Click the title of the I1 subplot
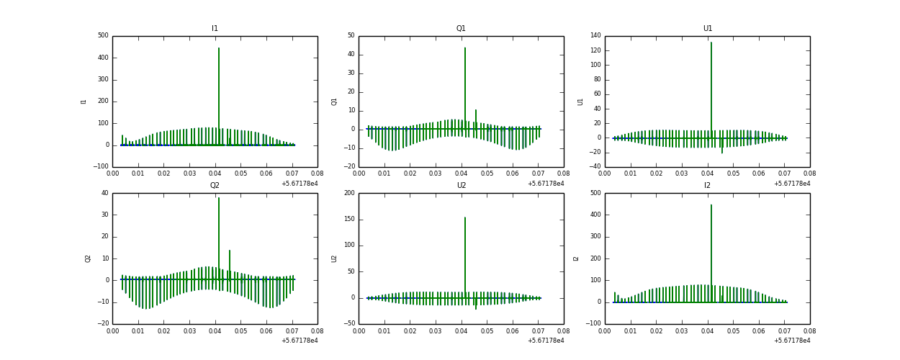215,29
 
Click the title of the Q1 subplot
461,29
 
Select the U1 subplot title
707,29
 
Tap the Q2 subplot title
215,186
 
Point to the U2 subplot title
461,186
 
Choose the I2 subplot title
707,186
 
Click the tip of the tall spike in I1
219,48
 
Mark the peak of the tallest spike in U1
711,42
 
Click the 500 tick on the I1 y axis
103,35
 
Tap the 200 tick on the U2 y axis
349,193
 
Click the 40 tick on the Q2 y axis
105,193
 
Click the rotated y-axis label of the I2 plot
576,258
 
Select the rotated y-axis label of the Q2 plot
87,258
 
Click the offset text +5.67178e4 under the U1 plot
792,184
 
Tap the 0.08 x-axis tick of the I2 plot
809,331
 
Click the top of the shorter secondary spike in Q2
230,251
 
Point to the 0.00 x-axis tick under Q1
359,174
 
